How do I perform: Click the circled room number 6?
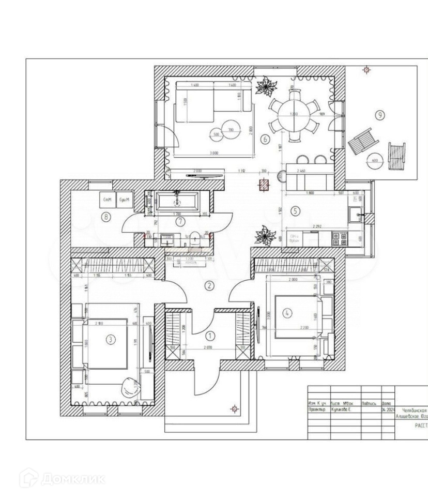point(264,139)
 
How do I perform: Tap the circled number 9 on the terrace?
point(380,115)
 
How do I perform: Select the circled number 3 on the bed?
point(110,339)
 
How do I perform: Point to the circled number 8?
point(106,217)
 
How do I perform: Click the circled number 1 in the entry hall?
point(209,336)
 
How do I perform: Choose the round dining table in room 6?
point(294,114)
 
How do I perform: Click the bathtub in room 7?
point(177,201)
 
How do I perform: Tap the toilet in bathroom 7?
point(194,238)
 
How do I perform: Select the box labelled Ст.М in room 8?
point(108,200)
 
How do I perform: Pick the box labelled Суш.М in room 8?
point(124,200)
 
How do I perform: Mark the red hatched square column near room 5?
point(264,185)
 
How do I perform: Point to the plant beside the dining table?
point(266,86)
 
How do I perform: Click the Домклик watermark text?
point(72,478)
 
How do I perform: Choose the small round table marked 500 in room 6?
point(216,134)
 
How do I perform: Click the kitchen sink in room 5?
point(356,215)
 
